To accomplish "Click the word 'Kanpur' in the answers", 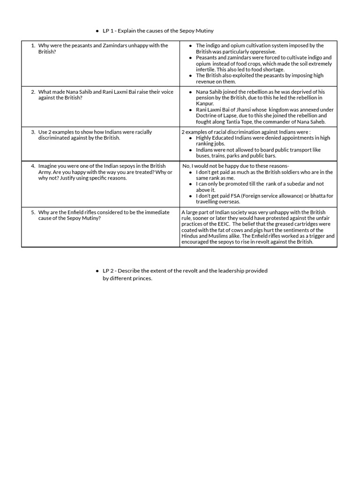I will [205, 104].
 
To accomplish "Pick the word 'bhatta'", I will [318, 196].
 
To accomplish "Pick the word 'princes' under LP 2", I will [142, 278].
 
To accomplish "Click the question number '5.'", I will [33, 212].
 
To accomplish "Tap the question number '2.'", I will [33, 92].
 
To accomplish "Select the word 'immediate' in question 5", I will [157, 212].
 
